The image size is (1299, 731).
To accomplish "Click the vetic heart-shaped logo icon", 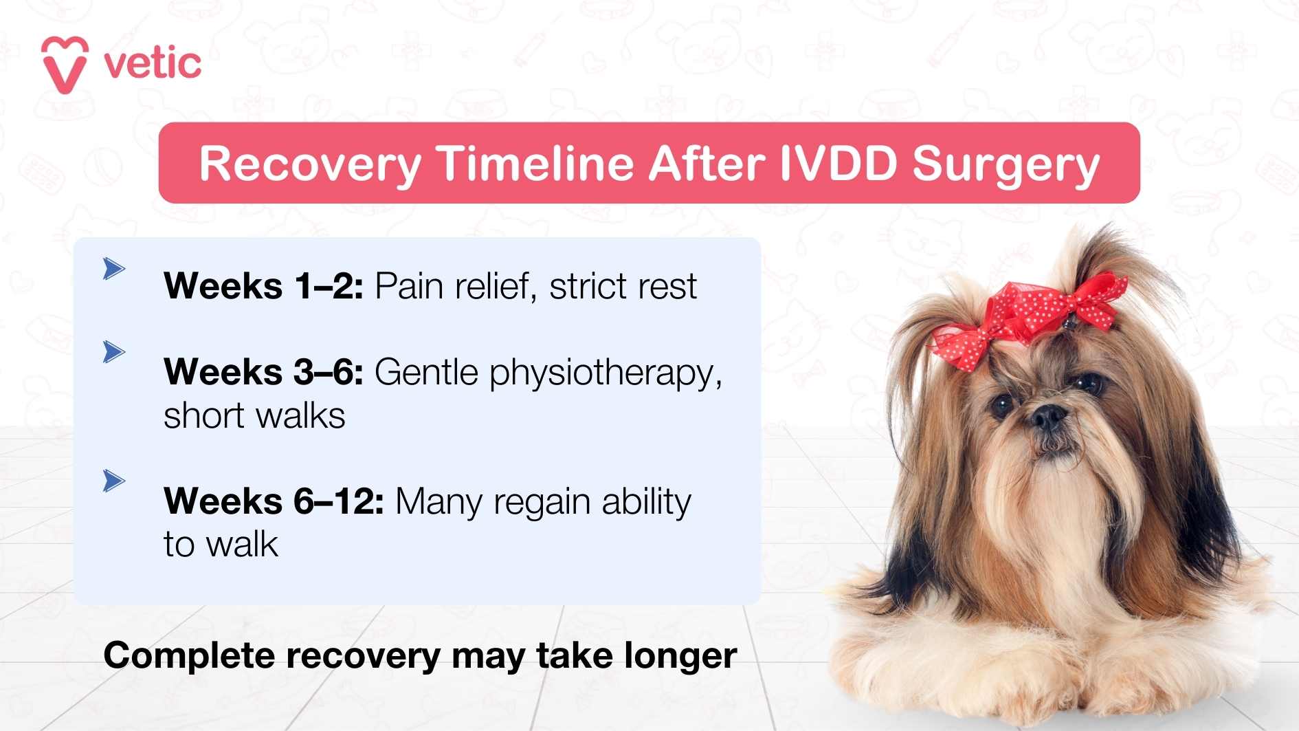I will (x=65, y=64).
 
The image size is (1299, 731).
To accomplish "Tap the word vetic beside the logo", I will (x=153, y=64).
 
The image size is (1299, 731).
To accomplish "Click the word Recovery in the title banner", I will (x=310, y=164).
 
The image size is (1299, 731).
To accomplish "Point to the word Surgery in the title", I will (x=1006, y=165).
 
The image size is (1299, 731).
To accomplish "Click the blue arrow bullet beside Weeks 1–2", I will (x=113, y=268).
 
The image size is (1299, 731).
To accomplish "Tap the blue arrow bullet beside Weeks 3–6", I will (x=113, y=352).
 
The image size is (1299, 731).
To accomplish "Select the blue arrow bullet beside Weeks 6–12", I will (x=113, y=481).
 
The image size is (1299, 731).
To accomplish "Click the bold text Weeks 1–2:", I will (x=263, y=286).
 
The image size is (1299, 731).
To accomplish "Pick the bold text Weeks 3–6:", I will (x=263, y=372).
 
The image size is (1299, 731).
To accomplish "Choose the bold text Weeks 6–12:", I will (x=274, y=501).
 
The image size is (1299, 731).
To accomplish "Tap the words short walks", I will (x=254, y=416).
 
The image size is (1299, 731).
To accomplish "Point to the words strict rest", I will (x=623, y=286).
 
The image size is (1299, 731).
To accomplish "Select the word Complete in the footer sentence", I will (x=189, y=655).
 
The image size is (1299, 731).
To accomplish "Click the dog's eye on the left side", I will (x=1002, y=406).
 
